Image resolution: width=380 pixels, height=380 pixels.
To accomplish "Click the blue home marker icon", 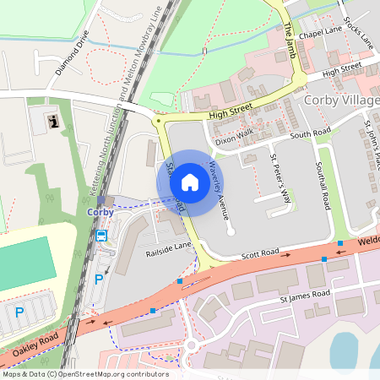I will [x=190, y=182].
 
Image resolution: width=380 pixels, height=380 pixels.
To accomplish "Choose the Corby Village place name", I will [x=339, y=101].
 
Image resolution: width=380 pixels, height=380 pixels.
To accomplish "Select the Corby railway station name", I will [x=100, y=212].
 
